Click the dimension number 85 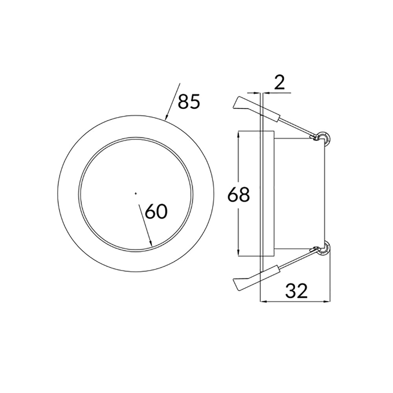[x=189, y=102]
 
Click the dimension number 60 [x=156, y=212]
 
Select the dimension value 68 [x=239, y=195]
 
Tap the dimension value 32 [x=296, y=291]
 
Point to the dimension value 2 [x=279, y=83]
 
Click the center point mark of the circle [x=136, y=193]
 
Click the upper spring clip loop [x=324, y=136]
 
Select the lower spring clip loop [x=324, y=248]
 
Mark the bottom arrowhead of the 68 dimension [x=239, y=254]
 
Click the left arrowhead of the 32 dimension [x=264, y=302]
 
